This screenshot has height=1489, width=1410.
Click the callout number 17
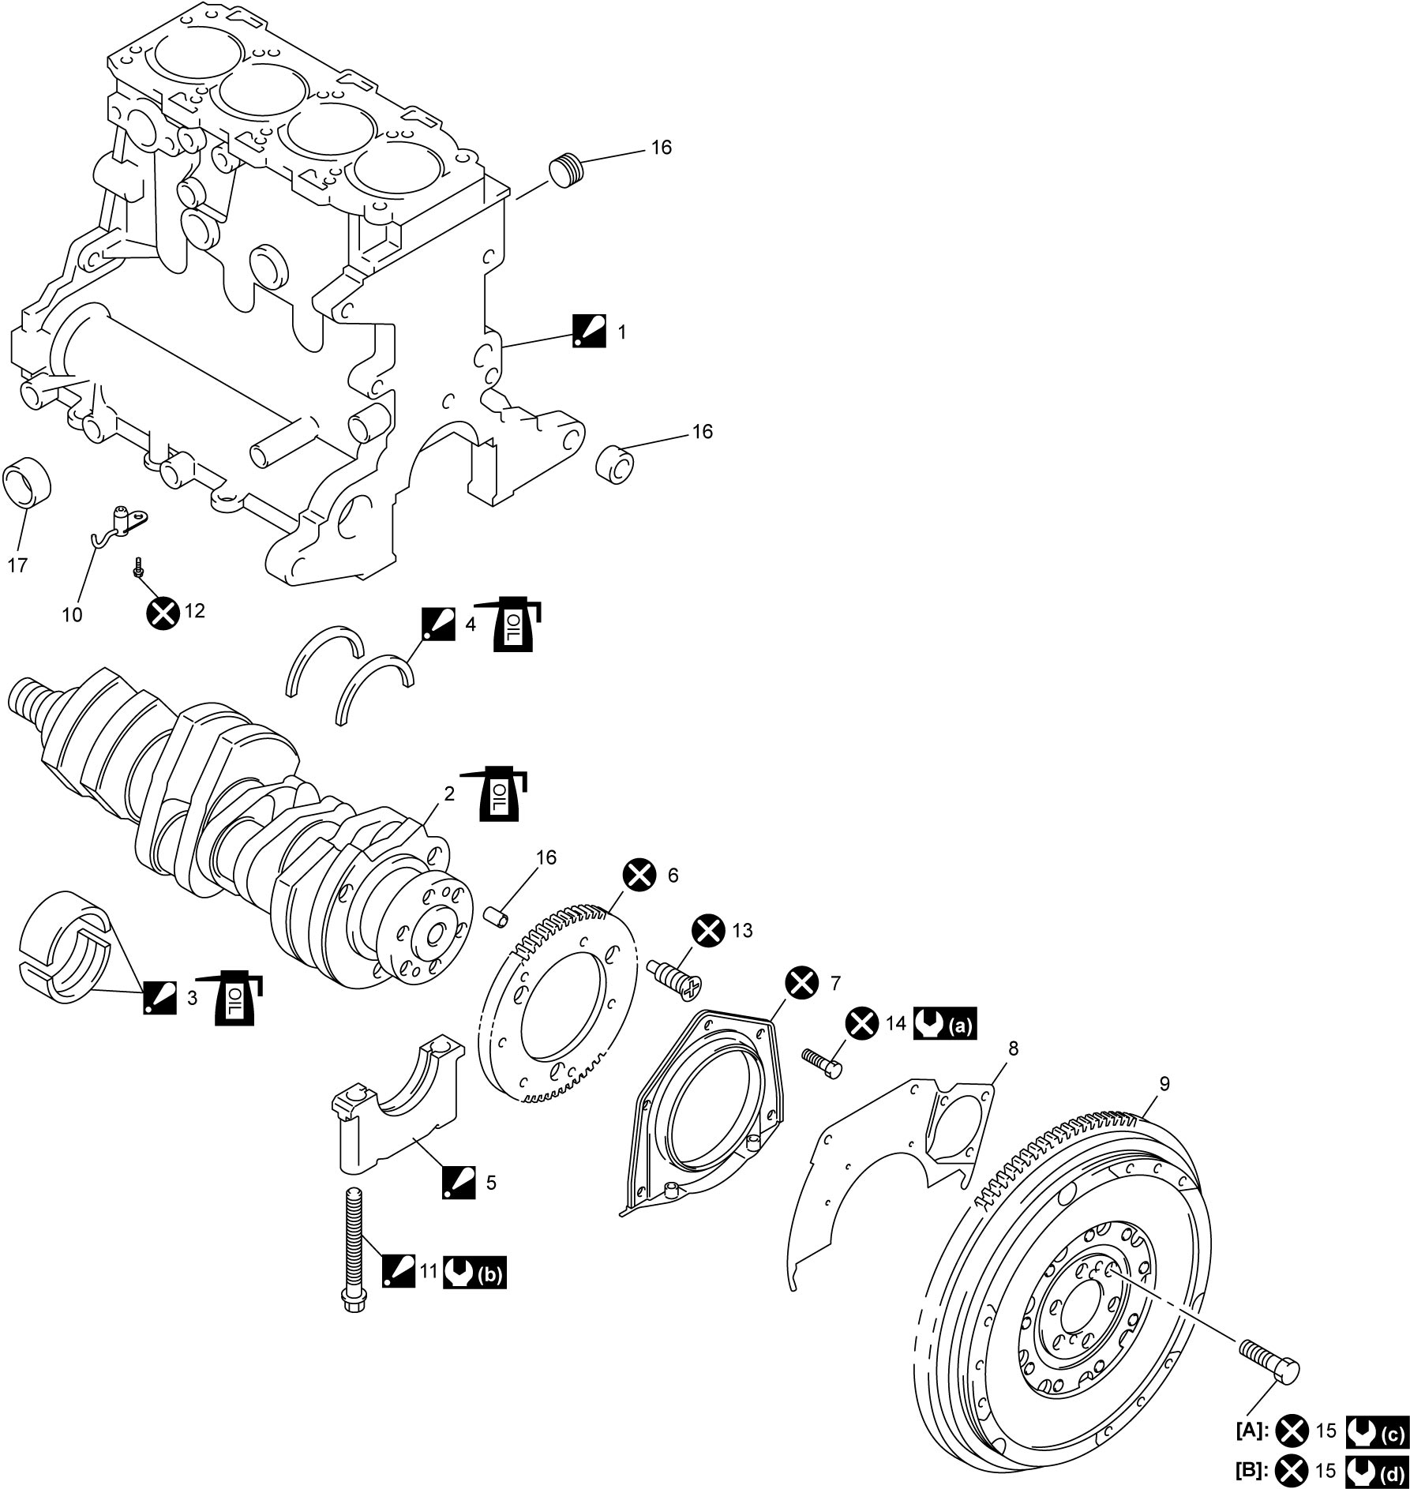click(17, 564)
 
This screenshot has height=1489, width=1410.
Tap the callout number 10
click(72, 614)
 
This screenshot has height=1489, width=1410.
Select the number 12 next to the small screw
click(194, 610)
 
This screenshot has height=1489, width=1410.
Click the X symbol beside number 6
click(639, 875)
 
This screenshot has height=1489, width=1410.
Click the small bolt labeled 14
click(822, 1062)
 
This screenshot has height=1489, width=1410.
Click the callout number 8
click(1014, 1048)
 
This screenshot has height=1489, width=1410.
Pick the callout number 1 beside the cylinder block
click(621, 332)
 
